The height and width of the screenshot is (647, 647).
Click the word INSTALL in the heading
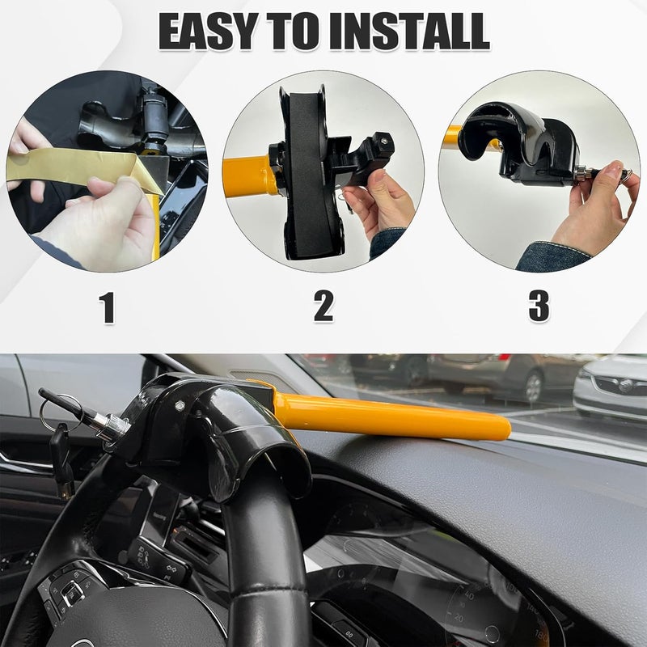pyautogui.click(x=409, y=32)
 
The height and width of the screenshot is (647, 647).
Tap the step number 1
pyautogui.click(x=107, y=307)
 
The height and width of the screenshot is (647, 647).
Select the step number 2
pyautogui.click(x=323, y=307)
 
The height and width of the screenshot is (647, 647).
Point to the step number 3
pyautogui.click(x=539, y=307)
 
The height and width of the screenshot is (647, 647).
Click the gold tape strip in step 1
pyautogui.click(x=73, y=167)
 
